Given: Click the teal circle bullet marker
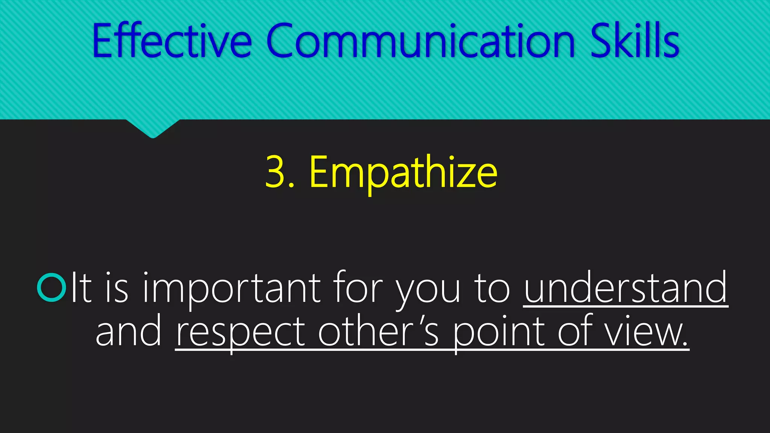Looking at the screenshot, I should tap(52, 288).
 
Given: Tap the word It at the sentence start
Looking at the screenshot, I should tap(81, 288).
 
